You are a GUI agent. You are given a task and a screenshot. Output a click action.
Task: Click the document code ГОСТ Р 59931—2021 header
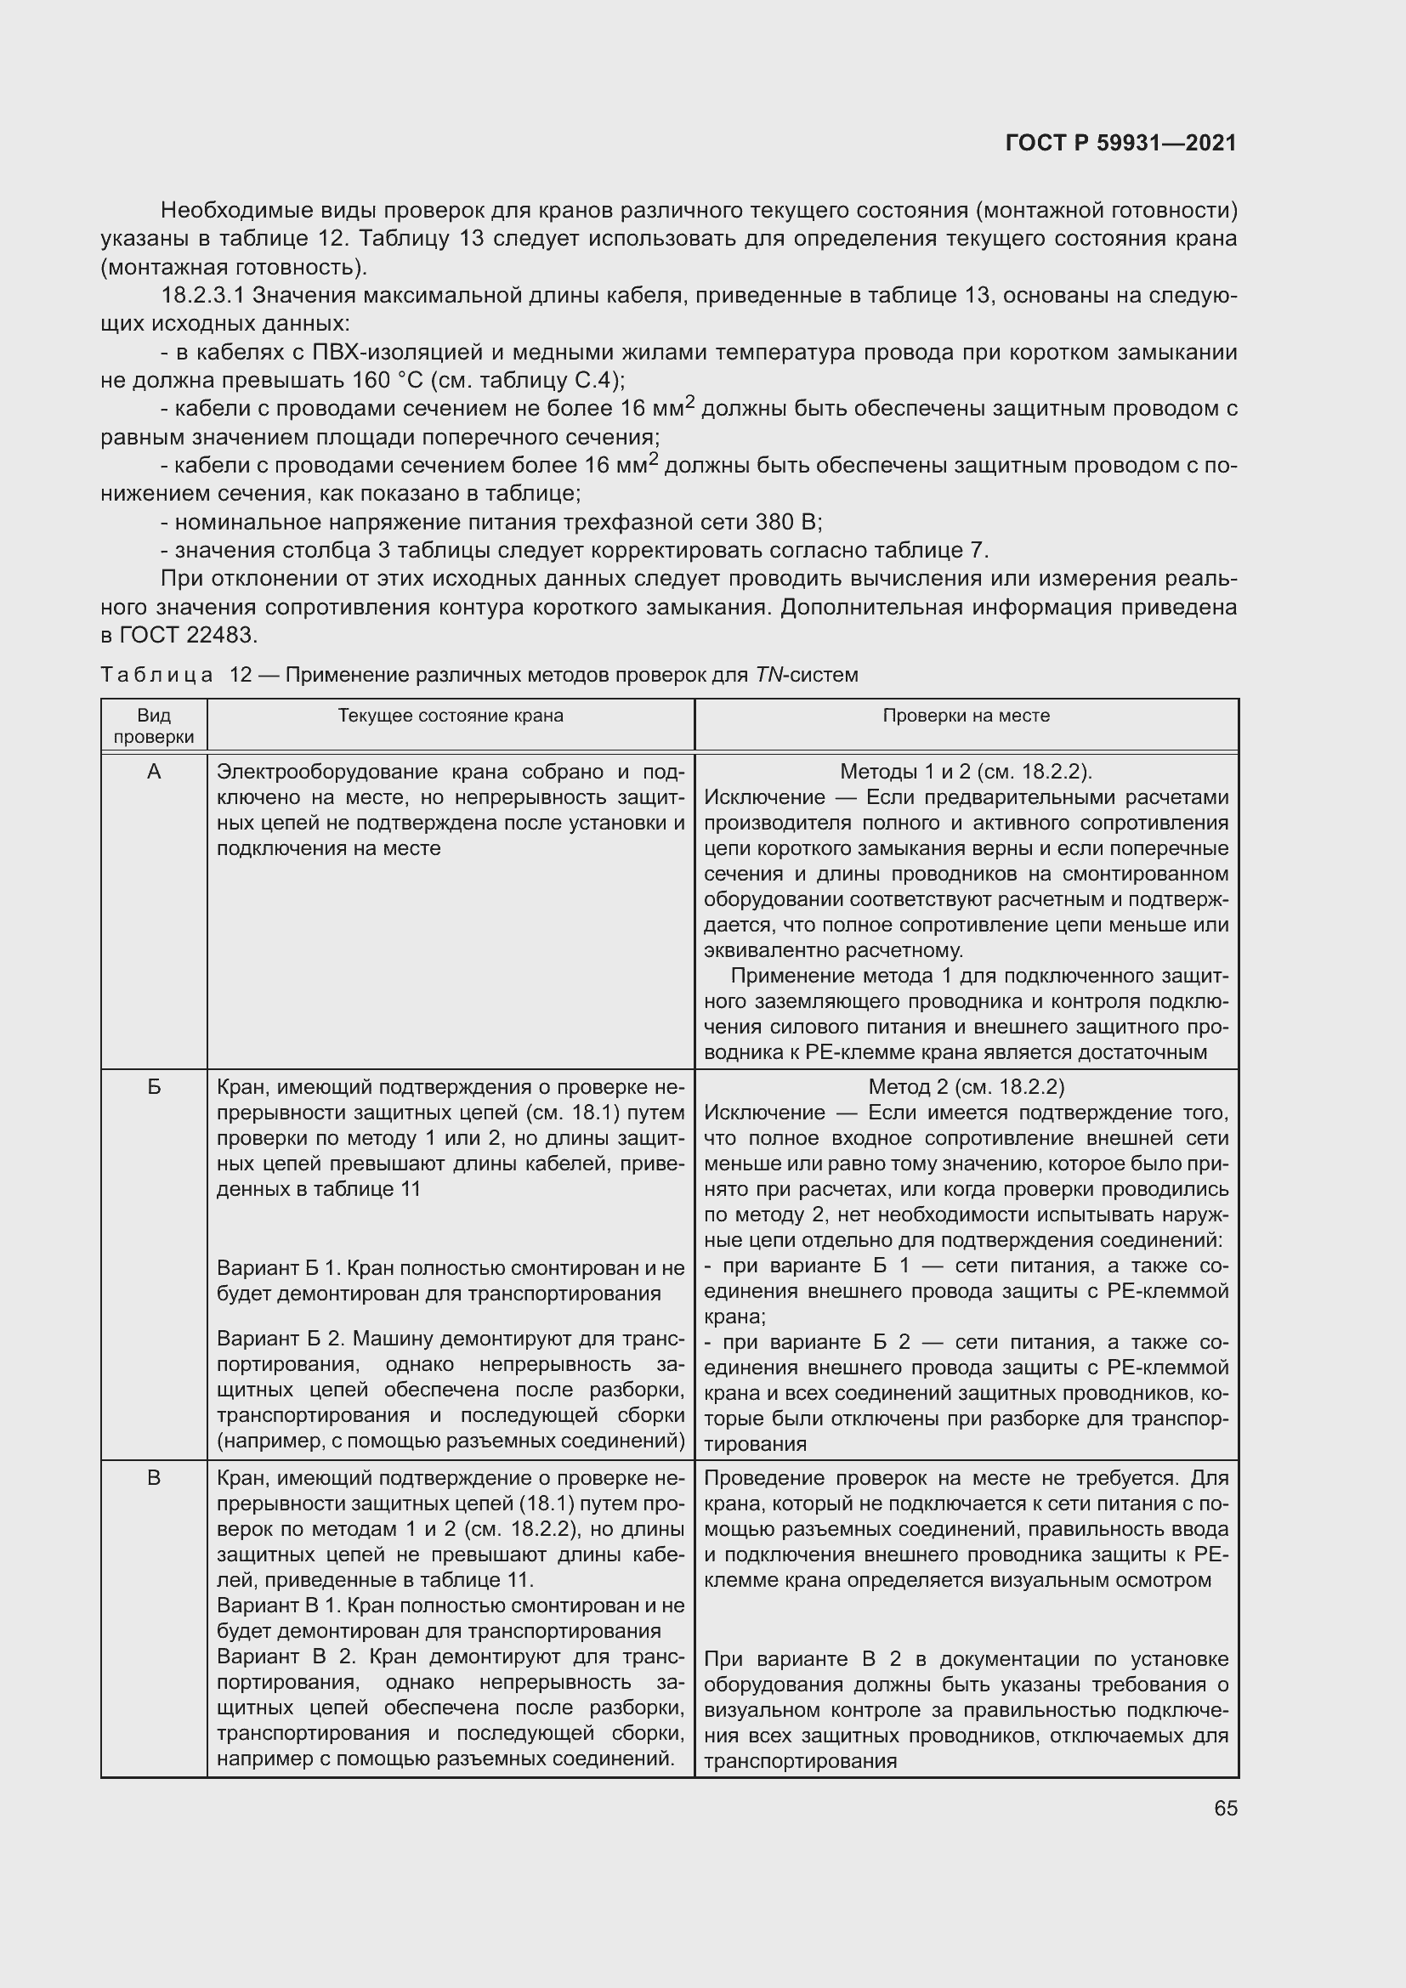(x=1120, y=143)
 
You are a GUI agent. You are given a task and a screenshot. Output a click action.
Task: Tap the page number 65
(x=1225, y=1808)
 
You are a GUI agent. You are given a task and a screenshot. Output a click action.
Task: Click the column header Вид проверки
(x=154, y=726)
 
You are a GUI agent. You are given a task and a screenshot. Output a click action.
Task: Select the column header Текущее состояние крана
(x=451, y=715)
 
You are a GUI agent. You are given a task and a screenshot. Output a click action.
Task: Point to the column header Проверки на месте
(x=967, y=715)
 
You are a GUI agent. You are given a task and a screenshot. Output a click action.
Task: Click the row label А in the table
(x=154, y=772)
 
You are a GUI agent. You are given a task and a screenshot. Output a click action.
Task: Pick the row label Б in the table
(x=154, y=1087)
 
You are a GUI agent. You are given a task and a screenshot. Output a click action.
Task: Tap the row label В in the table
(x=154, y=1478)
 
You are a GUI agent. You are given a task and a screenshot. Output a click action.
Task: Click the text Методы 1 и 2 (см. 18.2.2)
(x=967, y=772)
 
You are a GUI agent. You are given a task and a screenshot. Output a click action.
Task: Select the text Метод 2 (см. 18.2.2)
(x=967, y=1087)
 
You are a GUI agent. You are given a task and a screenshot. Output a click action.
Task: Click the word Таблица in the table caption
(x=156, y=675)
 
